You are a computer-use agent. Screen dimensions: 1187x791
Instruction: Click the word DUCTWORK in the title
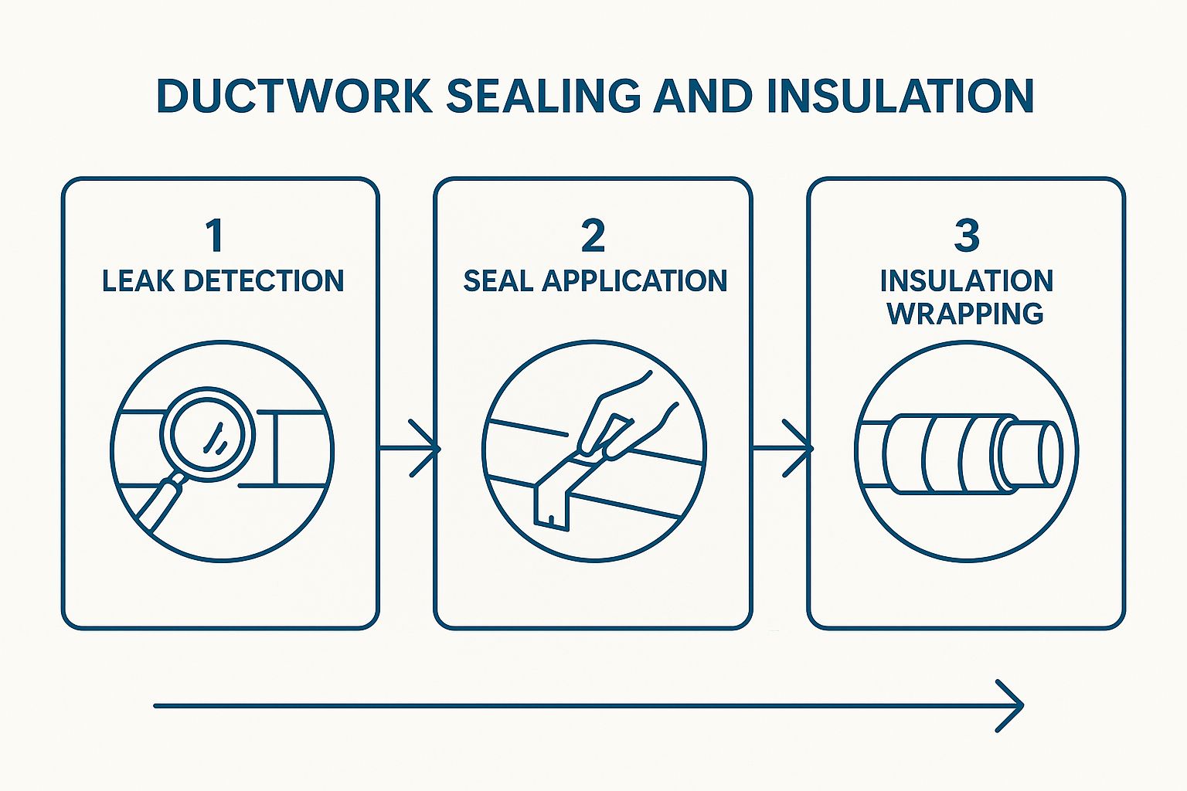click(x=294, y=96)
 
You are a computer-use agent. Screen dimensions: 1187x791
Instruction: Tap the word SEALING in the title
click(x=544, y=96)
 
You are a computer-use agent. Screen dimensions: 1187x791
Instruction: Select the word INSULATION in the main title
click(x=900, y=96)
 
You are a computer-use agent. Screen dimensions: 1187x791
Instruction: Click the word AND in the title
click(x=703, y=96)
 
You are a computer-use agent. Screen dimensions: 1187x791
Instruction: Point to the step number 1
click(x=215, y=236)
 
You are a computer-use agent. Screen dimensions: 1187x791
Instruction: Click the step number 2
click(x=593, y=236)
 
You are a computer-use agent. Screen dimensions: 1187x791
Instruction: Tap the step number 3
click(x=967, y=236)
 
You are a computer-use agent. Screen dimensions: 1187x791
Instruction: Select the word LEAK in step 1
click(x=138, y=281)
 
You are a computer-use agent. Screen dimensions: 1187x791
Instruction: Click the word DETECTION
click(x=264, y=281)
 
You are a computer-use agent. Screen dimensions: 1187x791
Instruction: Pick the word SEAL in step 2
click(x=498, y=281)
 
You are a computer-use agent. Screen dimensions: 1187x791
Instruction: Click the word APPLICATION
click(x=634, y=281)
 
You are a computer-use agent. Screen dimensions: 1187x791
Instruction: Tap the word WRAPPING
click(x=965, y=314)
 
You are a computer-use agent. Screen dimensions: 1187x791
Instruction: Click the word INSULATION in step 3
click(x=967, y=281)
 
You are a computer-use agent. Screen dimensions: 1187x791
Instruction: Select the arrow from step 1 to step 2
click(x=409, y=448)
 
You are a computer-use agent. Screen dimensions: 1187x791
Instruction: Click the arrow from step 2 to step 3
click(x=783, y=448)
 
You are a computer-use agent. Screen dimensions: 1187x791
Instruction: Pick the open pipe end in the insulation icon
click(x=1050, y=453)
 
